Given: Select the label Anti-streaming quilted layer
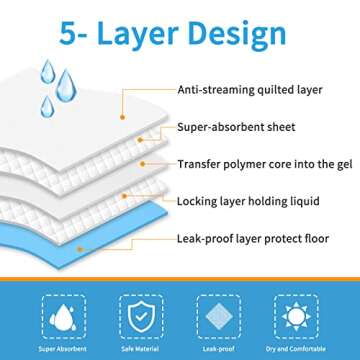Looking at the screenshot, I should (250, 88).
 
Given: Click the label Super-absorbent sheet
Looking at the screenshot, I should (236, 128).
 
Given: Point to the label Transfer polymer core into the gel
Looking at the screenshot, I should (255, 163).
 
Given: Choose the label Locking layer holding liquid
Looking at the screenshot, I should (248, 201).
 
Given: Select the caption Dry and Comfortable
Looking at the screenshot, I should (301, 348).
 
